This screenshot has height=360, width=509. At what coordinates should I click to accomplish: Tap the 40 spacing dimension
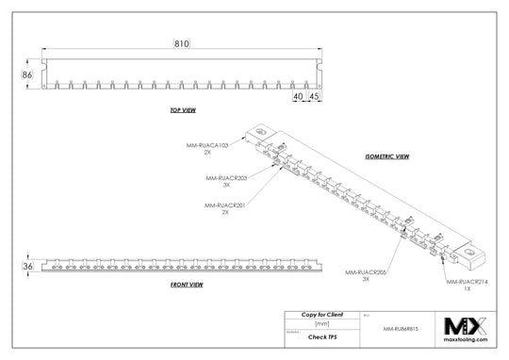pos(297,96)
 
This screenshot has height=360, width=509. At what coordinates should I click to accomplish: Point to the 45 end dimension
pos(313,96)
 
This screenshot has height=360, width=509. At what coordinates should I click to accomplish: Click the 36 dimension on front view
pos(27,267)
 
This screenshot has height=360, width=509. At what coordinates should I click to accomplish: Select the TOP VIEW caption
pos(182,110)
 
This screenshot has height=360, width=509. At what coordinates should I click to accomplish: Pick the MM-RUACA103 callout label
pos(208,145)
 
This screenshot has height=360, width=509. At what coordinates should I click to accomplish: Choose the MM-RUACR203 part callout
pos(226,176)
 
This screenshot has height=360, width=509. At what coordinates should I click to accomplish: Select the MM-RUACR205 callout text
pos(365,271)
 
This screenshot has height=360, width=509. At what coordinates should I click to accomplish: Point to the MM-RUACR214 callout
pos(466,282)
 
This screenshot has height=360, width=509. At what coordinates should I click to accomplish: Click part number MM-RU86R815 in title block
pos(402,330)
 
